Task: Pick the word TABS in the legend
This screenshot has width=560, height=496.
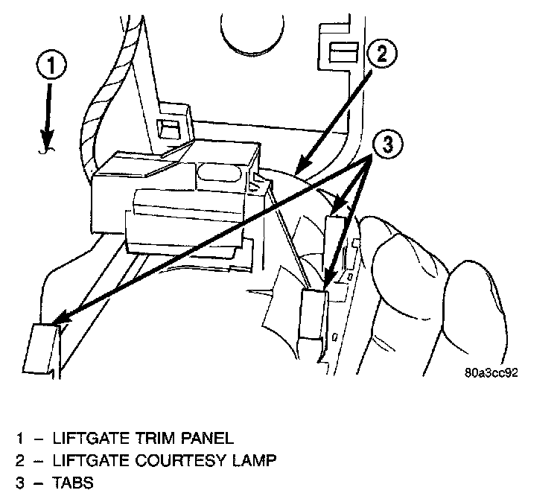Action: [x=74, y=483]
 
